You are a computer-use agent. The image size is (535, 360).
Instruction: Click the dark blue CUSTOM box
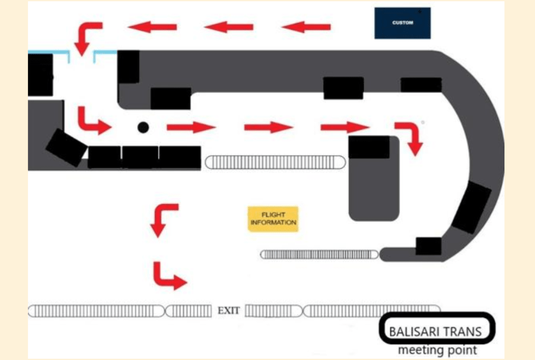click(x=402, y=23)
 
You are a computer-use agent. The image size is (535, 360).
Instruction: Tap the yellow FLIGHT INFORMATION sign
click(x=273, y=219)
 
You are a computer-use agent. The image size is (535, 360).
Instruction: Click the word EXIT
click(x=229, y=311)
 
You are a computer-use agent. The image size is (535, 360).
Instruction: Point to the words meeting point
click(x=437, y=350)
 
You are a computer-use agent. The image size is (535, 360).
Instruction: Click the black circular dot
click(x=143, y=127)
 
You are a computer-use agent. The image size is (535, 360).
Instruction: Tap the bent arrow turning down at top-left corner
click(x=87, y=37)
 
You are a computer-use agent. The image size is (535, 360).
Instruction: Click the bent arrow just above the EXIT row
click(x=168, y=275)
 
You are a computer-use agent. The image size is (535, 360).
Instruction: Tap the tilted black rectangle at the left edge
click(x=66, y=147)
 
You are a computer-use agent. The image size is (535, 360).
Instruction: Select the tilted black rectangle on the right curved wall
click(x=472, y=207)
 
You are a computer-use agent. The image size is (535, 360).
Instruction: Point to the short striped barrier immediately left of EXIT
click(x=189, y=311)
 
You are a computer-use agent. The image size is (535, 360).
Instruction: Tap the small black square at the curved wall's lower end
click(x=429, y=246)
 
